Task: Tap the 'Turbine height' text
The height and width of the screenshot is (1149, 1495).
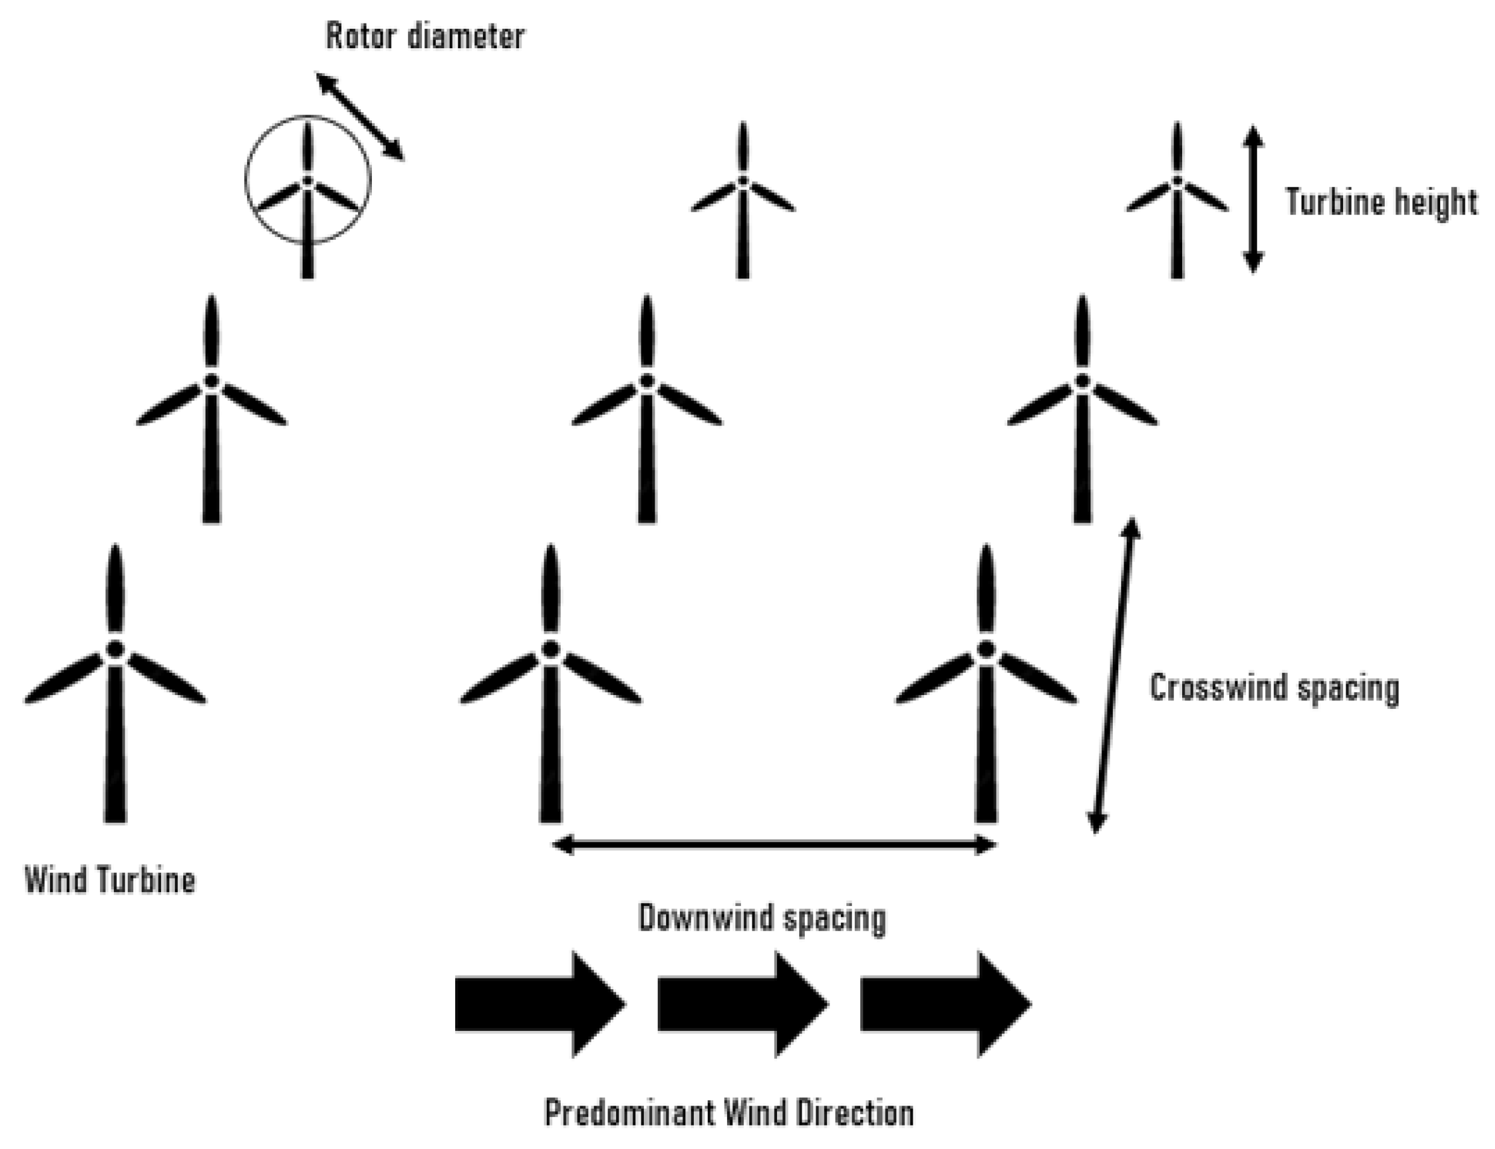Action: point(1381,202)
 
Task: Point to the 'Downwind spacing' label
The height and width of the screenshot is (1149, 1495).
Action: point(762,918)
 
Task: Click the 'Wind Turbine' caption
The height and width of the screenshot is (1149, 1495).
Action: point(110,880)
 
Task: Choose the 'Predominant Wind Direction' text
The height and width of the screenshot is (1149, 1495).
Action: point(729,1113)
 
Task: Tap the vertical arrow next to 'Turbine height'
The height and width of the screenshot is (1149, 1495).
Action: point(1252,199)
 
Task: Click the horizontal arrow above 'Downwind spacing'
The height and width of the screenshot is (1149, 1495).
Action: point(773,846)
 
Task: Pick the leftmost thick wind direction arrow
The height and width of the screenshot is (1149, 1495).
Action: point(540,1003)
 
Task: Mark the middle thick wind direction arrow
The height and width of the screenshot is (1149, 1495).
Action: point(743,1003)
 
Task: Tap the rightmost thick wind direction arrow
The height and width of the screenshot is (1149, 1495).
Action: point(945,1003)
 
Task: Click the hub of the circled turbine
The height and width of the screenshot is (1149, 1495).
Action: point(308,181)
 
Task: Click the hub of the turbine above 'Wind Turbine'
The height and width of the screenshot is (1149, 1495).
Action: point(115,649)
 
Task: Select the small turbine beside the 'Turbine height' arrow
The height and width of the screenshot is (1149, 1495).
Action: point(1177,198)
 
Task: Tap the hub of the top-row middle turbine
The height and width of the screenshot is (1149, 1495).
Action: point(743,181)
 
